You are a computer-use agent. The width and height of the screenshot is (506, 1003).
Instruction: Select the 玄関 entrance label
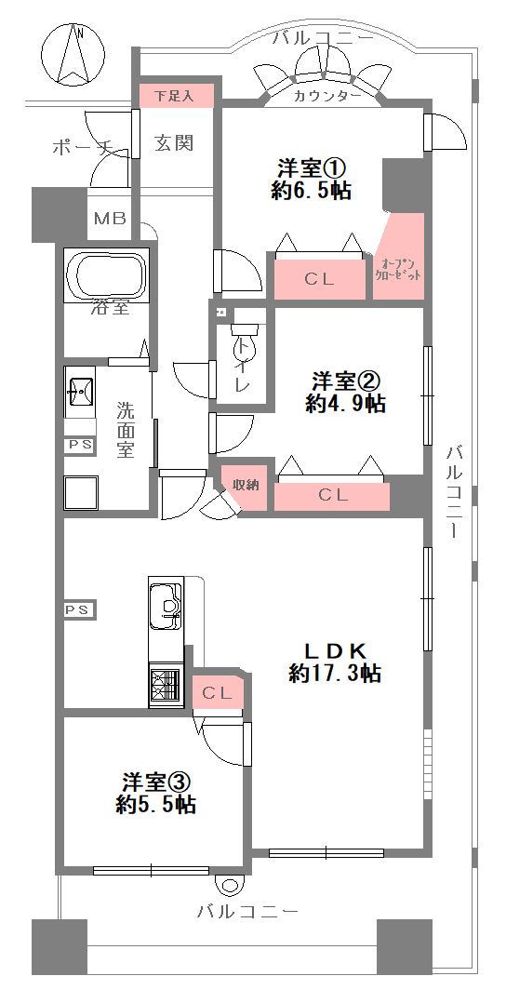pyautogui.click(x=174, y=142)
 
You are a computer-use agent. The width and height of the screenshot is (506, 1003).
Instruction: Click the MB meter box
pyautogui.click(x=109, y=218)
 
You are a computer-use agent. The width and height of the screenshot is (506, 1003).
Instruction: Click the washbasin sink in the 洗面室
pyautogui.click(x=81, y=390)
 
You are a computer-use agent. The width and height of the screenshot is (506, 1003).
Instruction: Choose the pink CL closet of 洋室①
pyautogui.click(x=320, y=279)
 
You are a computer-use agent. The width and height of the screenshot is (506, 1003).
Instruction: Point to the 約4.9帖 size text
pyautogui.click(x=345, y=404)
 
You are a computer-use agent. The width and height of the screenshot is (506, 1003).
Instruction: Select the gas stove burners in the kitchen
pyautogui.click(x=165, y=685)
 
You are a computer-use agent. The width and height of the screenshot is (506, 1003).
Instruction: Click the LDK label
pyautogui.click(x=335, y=651)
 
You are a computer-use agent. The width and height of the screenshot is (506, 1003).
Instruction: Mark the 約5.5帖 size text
pyautogui.click(x=155, y=804)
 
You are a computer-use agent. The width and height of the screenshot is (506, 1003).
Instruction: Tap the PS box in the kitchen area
pyautogui.click(x=79, y=610)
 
